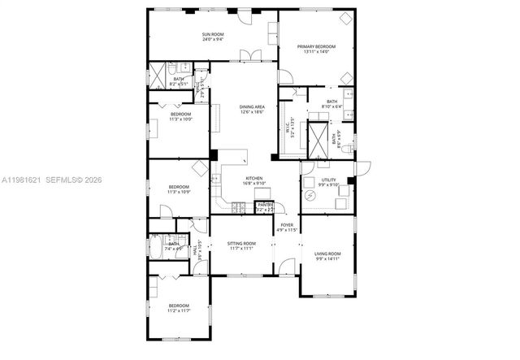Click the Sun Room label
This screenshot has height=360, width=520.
[x=213, y=34]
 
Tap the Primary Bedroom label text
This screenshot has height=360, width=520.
[x=315, y=47]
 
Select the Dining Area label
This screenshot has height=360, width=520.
[x=252, y=107]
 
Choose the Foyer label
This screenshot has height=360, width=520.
[x=287, y=225]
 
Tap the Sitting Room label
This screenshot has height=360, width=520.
[x=241, y=243]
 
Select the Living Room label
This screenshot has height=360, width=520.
[x=327, y=254]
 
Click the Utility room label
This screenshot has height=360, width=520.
[x=328, y=180]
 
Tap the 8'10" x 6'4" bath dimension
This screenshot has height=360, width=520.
[x=331, y=106]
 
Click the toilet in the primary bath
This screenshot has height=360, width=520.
[x=344, y=150]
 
